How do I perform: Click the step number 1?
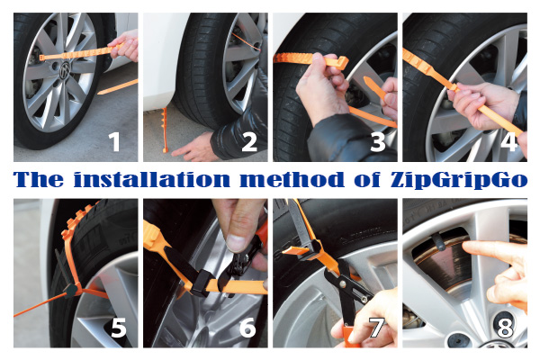(114, 142)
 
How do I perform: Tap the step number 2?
(249, 142)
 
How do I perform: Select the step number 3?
(378, 142)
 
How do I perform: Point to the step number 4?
(508, 142)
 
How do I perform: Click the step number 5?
(119, 328)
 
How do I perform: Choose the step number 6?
(248, 328)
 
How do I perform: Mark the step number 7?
(377, 328)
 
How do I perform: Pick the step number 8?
(505, 328)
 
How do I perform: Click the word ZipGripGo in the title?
(459, 180)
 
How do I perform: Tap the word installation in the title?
(152, 179)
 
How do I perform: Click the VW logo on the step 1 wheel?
(65, 70)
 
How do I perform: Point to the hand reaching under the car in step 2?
(192, 148)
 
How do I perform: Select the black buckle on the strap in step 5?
(72, 290)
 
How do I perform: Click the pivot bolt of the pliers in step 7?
(343, 283)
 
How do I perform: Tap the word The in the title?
(39, 179)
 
